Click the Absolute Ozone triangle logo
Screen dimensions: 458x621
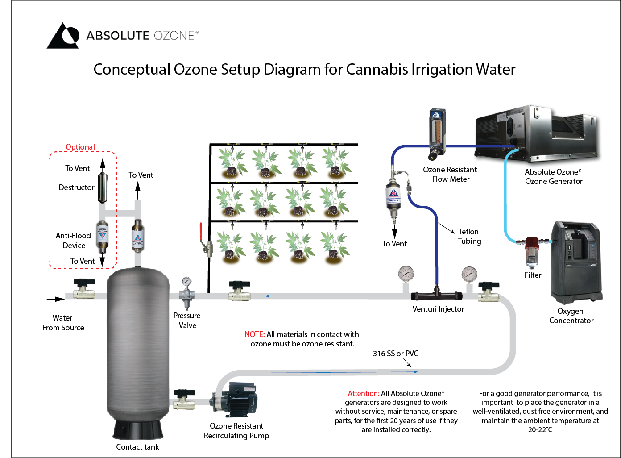[x=63, y=36]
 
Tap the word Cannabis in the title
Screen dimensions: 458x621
[x=377, y=70]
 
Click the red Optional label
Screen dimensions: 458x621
[x=80, y=147]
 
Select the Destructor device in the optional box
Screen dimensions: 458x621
[x=103, y=188]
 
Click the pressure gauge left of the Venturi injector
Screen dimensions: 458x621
[x=406, y=274]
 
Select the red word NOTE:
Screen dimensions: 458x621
[x=254, y=334]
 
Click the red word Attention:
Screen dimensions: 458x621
[x=364, y=393]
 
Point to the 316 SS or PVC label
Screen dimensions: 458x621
[x=396, y=354]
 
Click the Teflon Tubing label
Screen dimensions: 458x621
[x=469, y=236]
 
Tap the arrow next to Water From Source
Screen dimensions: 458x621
[x=56, y=299]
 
